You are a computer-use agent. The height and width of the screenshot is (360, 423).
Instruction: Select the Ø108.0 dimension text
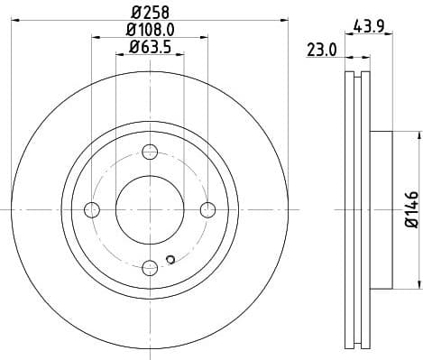[150, 31]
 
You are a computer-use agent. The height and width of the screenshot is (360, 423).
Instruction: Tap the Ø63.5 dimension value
[150, 47]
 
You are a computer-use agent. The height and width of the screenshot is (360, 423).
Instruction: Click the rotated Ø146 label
[411, 209]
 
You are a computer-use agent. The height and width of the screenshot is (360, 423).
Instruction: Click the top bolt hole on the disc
[149, 152]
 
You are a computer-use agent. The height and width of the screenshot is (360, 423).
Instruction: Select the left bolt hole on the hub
[91, 210]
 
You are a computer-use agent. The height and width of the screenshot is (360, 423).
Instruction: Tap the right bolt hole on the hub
[207, 210]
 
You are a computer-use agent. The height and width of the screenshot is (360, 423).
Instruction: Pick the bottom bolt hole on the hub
[149, 268]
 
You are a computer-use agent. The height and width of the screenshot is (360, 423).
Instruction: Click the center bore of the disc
[149, 210]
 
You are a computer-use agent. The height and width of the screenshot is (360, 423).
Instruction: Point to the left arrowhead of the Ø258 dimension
[15, 19]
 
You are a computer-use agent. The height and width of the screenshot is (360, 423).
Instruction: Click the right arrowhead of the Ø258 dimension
[282, 19]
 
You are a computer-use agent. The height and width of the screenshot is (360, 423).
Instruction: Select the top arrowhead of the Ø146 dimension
[418, 136]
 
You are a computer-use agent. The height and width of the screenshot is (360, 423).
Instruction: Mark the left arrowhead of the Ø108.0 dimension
[95, 37]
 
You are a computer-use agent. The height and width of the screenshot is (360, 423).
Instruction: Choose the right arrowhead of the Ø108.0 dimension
[205, 37]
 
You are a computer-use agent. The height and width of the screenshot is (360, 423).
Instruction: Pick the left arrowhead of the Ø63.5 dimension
[119, 53]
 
